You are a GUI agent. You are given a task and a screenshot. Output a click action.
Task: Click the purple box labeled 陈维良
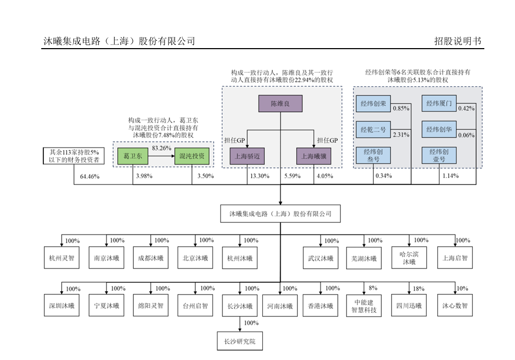coord(280,104)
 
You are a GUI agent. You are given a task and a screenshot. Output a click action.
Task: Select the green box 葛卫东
coord(133,156)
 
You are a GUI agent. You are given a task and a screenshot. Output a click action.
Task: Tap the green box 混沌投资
coord(192,156)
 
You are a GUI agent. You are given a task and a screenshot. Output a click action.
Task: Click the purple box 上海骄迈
coord(247,156)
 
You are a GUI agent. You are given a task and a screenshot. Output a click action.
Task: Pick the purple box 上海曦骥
coord(314,156)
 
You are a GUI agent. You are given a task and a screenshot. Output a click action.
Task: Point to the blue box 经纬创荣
coord(373,104)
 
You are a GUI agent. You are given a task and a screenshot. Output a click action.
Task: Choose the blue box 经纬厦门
coord(439,104)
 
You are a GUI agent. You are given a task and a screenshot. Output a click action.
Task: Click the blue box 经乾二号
coord(373,130)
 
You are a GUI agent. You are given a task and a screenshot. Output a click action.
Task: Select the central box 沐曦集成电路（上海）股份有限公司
coord(280,214)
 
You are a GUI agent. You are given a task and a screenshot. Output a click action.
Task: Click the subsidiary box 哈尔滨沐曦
coord(409,258)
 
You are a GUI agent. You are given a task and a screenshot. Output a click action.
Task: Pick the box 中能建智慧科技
coord(364,307)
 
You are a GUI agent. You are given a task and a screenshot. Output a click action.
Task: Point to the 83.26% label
coord(161,148)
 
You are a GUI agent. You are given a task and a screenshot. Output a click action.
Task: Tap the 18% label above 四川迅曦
coord(418,289)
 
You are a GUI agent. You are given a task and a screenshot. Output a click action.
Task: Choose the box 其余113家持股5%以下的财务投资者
coord(74,156)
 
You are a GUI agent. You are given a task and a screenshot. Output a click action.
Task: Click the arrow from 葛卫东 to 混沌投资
coord(161,156)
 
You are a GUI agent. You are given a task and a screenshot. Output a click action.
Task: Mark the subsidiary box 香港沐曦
coord(320,306)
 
